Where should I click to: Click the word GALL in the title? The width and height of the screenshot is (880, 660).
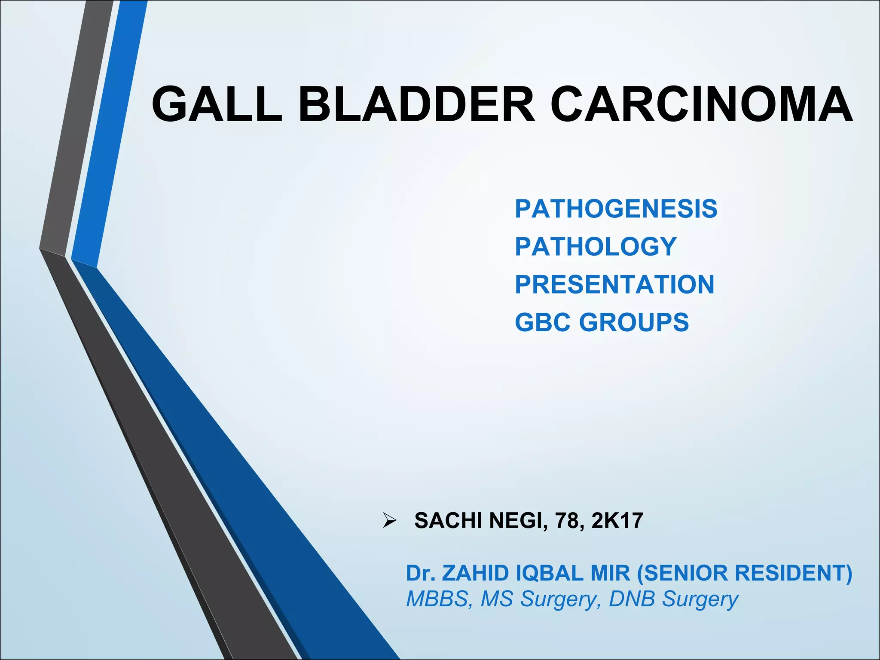click(217, 104)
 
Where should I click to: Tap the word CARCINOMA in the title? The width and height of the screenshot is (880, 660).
click(701, 104)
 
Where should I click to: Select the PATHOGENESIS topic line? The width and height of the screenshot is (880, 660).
click(616, 209)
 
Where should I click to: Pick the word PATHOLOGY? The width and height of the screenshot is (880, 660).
click(596, 247)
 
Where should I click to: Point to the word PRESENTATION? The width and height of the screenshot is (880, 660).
click(614, 284)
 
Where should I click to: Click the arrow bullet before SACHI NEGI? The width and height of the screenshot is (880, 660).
click(389, 521)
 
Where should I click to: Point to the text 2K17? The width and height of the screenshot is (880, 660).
click(617, 521)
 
